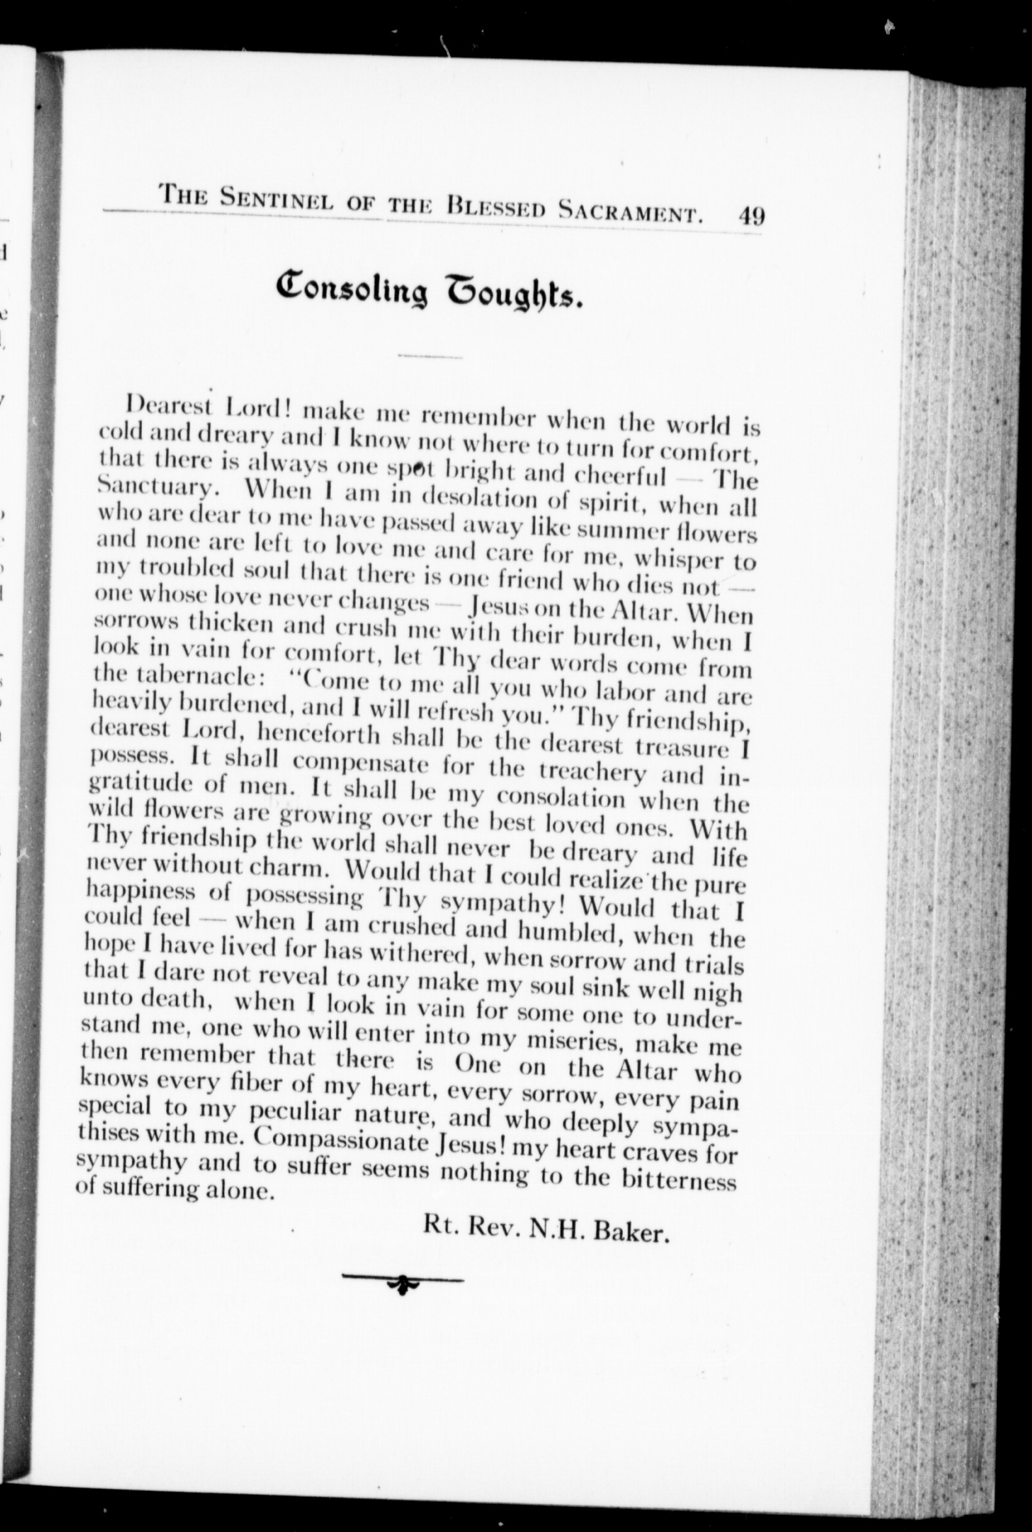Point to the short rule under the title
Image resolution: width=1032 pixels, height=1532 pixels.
(x=430, y=358)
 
